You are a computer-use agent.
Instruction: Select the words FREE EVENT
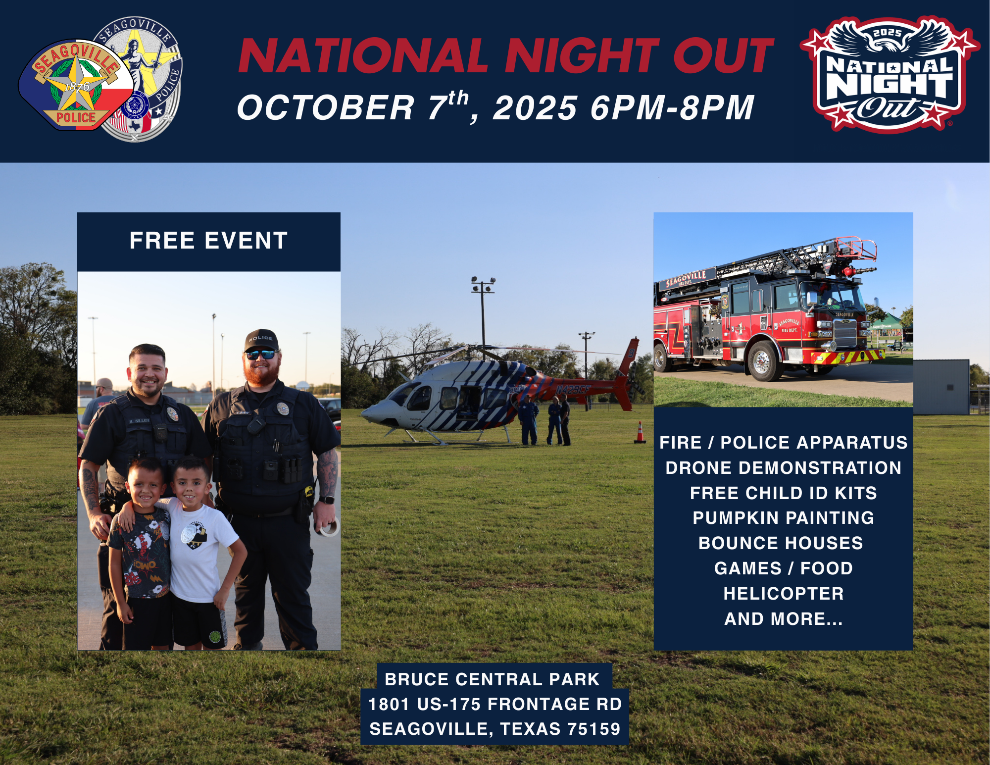208,241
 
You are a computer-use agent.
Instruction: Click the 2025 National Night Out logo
889,74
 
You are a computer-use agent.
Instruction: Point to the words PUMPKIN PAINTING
783,518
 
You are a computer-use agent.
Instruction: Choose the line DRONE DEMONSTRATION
783,468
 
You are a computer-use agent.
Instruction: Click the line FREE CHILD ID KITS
783,493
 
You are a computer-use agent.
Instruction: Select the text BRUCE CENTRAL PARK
492,679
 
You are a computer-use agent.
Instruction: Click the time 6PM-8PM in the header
672,108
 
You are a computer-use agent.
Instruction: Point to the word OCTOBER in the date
325,108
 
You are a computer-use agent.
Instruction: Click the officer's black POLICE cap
261,340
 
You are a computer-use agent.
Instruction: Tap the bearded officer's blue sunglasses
261,355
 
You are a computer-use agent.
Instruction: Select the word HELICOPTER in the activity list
783,594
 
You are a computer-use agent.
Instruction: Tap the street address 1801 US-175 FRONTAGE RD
495,704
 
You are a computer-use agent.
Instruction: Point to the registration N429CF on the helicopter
573,390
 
